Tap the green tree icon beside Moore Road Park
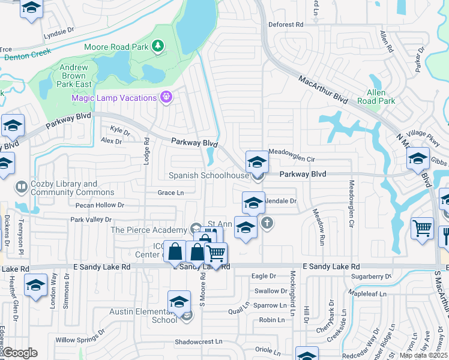[x=158, y=46]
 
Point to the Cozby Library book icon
[x=22, y=188]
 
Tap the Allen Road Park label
[x=376, y=97]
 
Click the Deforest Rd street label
[x=286, y=25]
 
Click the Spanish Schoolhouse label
[x=208, y=175]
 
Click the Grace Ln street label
[x=170, y=193]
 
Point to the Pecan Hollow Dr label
[x=100, y=205]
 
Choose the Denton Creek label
[x=28, y=57]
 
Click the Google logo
[x=20, y=353]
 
